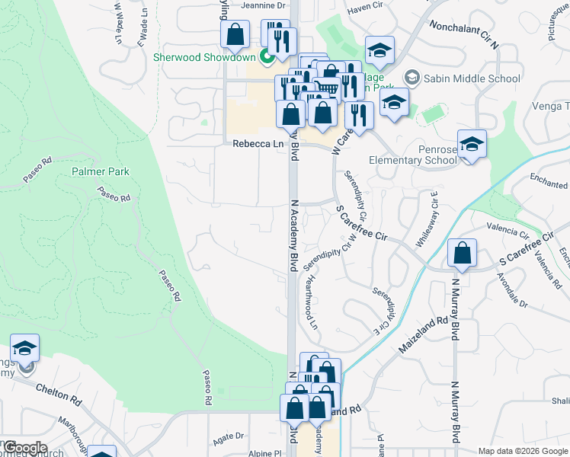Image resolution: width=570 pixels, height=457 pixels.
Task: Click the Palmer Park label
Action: coord(101,172)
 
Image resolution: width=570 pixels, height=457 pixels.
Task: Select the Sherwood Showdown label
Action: coord(204,56)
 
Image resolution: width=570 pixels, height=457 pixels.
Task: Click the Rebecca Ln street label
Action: coord(252,144)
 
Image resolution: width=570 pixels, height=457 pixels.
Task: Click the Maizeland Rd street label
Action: coord(422,335)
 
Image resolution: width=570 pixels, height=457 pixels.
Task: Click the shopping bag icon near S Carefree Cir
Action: coord(463,254)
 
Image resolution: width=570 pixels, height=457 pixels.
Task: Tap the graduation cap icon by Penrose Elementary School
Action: coord(472,144)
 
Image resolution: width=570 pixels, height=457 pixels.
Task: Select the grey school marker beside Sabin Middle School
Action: coord(412,78)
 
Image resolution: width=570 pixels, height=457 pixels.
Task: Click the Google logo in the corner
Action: coord(24,448)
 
